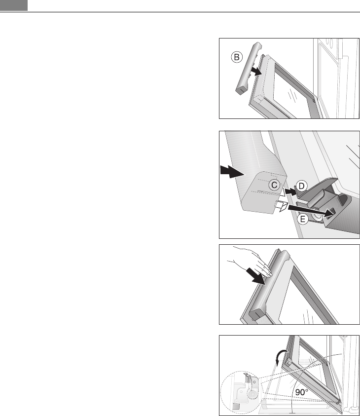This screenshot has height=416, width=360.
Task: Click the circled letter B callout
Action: tap(237, 57)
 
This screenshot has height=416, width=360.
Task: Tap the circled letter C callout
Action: tap(274, 185)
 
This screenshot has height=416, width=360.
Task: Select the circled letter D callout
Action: tap(301, 186)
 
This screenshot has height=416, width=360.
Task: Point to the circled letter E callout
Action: tap(302, 219)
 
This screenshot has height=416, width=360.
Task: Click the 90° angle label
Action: tap(302, 392)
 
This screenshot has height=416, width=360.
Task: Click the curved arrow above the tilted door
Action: tap(281, 357)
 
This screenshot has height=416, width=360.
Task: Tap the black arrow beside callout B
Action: tap(256, 71)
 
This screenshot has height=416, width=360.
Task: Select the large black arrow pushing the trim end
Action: tap(232, 171)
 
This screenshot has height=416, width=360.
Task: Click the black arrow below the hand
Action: tap(255, 276)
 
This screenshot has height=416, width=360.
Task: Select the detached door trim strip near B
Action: tap(248, 69)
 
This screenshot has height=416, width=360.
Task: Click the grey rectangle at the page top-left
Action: tap(14, 5)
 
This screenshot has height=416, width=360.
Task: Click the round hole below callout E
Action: tap(317, 217)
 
